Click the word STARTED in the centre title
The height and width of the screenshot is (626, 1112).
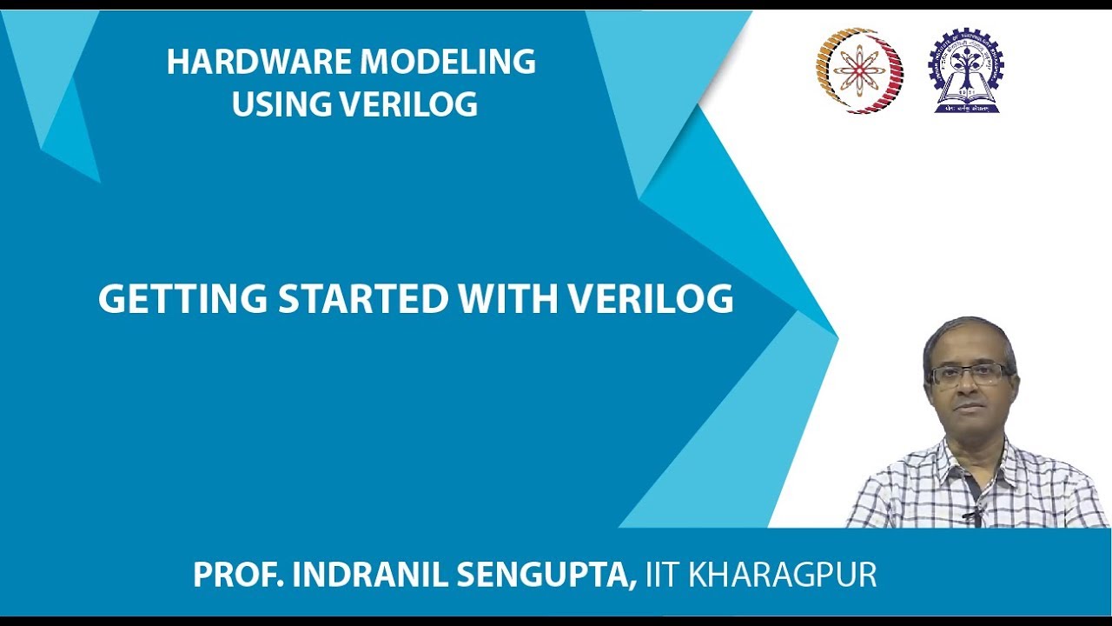361,300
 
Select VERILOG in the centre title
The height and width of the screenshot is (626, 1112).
652,300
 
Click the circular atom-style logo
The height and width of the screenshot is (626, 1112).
859,71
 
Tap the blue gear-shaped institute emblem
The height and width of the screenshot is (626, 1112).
966,71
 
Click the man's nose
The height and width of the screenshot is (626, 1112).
967,389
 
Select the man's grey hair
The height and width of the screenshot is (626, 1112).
969,335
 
